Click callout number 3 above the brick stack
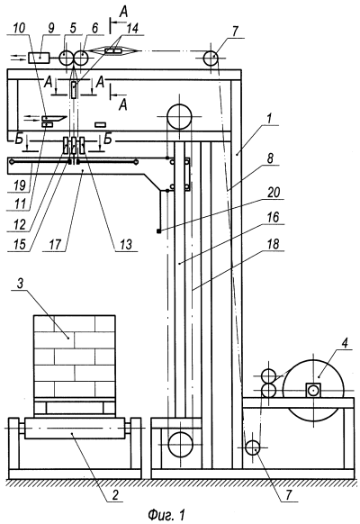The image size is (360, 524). click(x=20, y=284)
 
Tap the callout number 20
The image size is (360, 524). click(x=274, y=193)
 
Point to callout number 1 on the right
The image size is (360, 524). click(x=270, y=119)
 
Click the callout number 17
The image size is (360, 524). click(x=55, y=244)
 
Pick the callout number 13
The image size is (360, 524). click(x=126, y=244)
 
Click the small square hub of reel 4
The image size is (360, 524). click(x=313, y=390)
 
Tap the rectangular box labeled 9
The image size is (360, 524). click(x=39, y=59)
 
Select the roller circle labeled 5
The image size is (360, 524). click(x=67, y=59)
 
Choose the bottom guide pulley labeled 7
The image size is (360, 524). click(x=253, y=447)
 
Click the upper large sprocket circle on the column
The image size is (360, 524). click(x=180, y=116)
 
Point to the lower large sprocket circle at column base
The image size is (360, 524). click(x=181, y=444)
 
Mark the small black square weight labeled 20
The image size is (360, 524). click(x=159, y=230)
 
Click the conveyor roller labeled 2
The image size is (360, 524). click(x=75, y=428)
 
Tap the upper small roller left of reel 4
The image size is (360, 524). click(x=268, y=375)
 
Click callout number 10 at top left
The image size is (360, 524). click(x=20, y=29)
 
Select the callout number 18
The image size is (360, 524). click(x=274, y=244)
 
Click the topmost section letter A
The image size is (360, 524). click(x=123, y=13)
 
